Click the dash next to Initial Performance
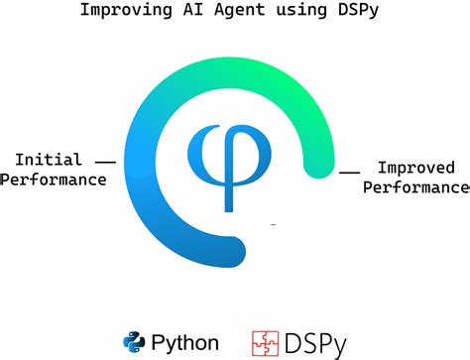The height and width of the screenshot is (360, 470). (x=105, y=161)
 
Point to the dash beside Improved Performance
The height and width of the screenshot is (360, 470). (x=349, y=172)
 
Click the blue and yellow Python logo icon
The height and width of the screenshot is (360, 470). (x=135, y=342)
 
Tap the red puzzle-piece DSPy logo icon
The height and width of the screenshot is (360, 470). (x=264, y=342)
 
